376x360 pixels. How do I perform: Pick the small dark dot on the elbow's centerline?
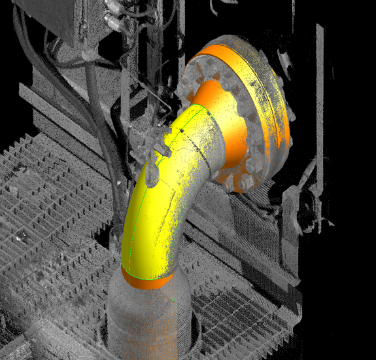pyautogui.click(x=180, y=131)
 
